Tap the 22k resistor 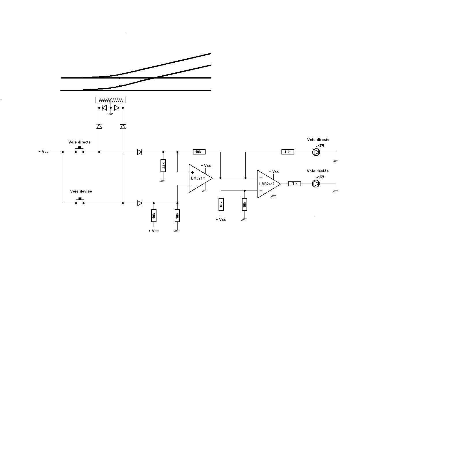coord(163,166)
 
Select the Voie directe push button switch coord(80,150)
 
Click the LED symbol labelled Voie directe coord(317,152)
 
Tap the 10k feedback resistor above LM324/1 coord(199,152)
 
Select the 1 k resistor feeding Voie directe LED coord(288,152)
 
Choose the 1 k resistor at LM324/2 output coord(295,184)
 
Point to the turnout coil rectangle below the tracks coord(111,100)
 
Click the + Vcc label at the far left coord(44,152)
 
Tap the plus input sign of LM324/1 coord(193,172)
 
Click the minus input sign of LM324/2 coord(261,178)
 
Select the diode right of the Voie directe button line coord(140,152)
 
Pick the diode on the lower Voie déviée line coord(140,203)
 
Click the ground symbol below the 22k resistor coord(163,181)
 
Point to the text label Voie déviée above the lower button coord(81,191)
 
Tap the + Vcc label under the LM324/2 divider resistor coord(221,220)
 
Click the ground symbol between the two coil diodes coord(111,114)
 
